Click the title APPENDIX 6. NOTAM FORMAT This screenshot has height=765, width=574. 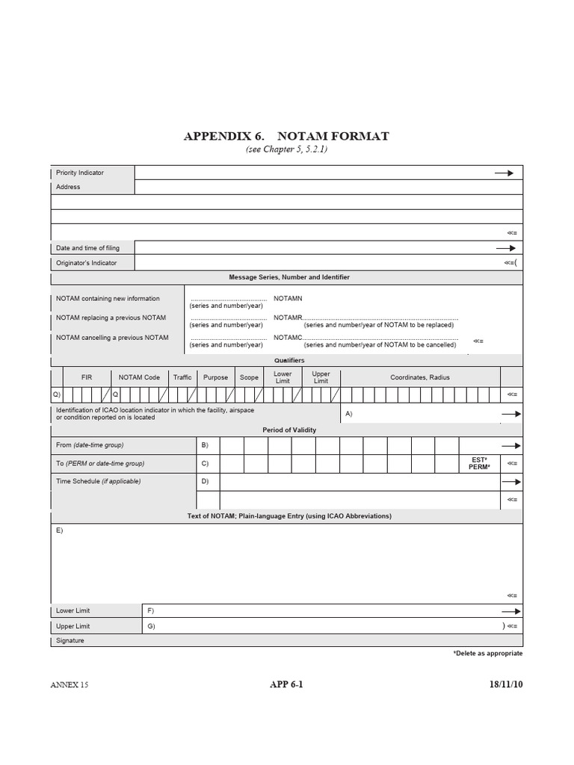coord(286,137)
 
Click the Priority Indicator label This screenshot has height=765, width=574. coord(80,173)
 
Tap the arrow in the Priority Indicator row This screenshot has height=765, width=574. coord(504,173)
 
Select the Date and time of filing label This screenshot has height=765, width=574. coord(87,248)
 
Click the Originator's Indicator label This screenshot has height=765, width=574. coord(86,262)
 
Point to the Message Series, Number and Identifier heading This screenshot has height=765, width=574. coord(288,277)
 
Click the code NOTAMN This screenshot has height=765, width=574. coord(288,299)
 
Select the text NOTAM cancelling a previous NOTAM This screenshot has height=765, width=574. coord(112,338)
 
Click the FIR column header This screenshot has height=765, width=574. coord(87,377)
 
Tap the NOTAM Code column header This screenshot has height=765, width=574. coord(139,377)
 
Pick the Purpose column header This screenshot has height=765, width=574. coord(216,377)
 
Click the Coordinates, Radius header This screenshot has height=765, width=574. coord(420,377)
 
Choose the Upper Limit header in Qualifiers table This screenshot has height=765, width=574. coord(321,377)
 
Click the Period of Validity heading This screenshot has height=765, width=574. coord(288,430)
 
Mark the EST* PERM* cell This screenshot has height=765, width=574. coord(478,463)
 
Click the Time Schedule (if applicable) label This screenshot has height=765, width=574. coord(98,482)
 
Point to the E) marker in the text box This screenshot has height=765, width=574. coord(60,530)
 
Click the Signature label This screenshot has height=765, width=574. coord(70,640)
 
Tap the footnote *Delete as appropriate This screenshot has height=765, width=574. coord(487,654)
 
